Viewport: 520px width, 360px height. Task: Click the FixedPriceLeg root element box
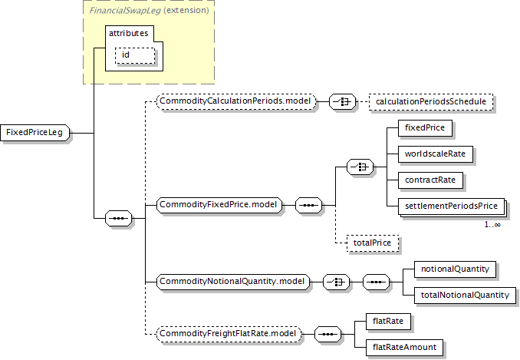point(35,133)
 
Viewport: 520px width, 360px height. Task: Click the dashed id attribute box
point(135,54)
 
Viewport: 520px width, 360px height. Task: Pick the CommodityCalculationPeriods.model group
point(235,101)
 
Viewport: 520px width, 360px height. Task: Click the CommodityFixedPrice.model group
point(219,205)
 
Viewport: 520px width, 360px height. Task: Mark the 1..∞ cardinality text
point(492,224)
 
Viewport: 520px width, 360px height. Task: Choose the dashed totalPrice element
point(371,243)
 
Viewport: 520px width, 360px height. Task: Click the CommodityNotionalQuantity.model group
point(232,282)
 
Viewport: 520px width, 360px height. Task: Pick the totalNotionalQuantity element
point(464,295)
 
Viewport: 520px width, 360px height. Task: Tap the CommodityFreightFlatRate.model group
point(229,334)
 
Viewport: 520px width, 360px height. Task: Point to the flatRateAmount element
point(404,347)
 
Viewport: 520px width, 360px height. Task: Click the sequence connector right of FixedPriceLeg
point(118,219)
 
